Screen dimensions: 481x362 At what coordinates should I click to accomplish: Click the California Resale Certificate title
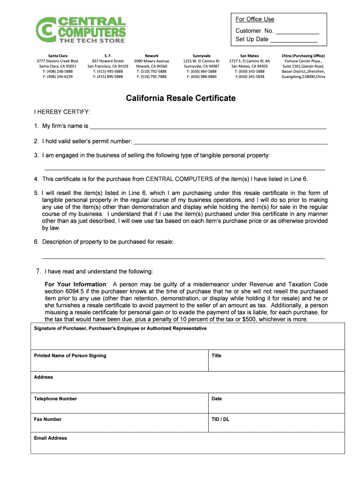pyautogui.click(x=181, y=99)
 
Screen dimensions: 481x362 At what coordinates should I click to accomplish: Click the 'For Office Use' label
pyautogui.click(x=255, y=19)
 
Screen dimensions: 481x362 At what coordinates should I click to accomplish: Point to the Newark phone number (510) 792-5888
pyautogui.click(x=151, y=71)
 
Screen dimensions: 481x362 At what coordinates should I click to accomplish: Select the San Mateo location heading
pyautogui.click(x=249, y=56)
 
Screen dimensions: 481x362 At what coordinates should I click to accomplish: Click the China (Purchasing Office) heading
pyautogui.click(x=303, y=56)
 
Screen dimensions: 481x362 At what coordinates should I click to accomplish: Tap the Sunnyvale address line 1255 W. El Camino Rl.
pyautogui.click(x=201, y=61)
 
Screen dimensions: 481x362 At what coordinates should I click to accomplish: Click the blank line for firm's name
pyautogui.click(x=208, y=128)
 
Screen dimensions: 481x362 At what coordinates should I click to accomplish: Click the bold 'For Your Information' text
pyautogui.click(x=75, y=285)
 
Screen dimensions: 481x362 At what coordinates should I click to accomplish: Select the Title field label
pyautogui.click(x=216, y=356)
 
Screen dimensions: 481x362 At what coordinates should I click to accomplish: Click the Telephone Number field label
pyautogui.click(x=55, y=399)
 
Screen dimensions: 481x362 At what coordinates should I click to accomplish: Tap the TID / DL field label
pyautogui.click(x=220, y=419)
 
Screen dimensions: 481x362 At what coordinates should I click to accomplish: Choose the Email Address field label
pyautogui.click(x=50, y=438)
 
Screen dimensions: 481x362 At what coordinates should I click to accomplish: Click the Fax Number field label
pyautogui.click(x=47, y=419)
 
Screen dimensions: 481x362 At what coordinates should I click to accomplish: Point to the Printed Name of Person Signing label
pyautogui.click(x=70, y=356)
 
